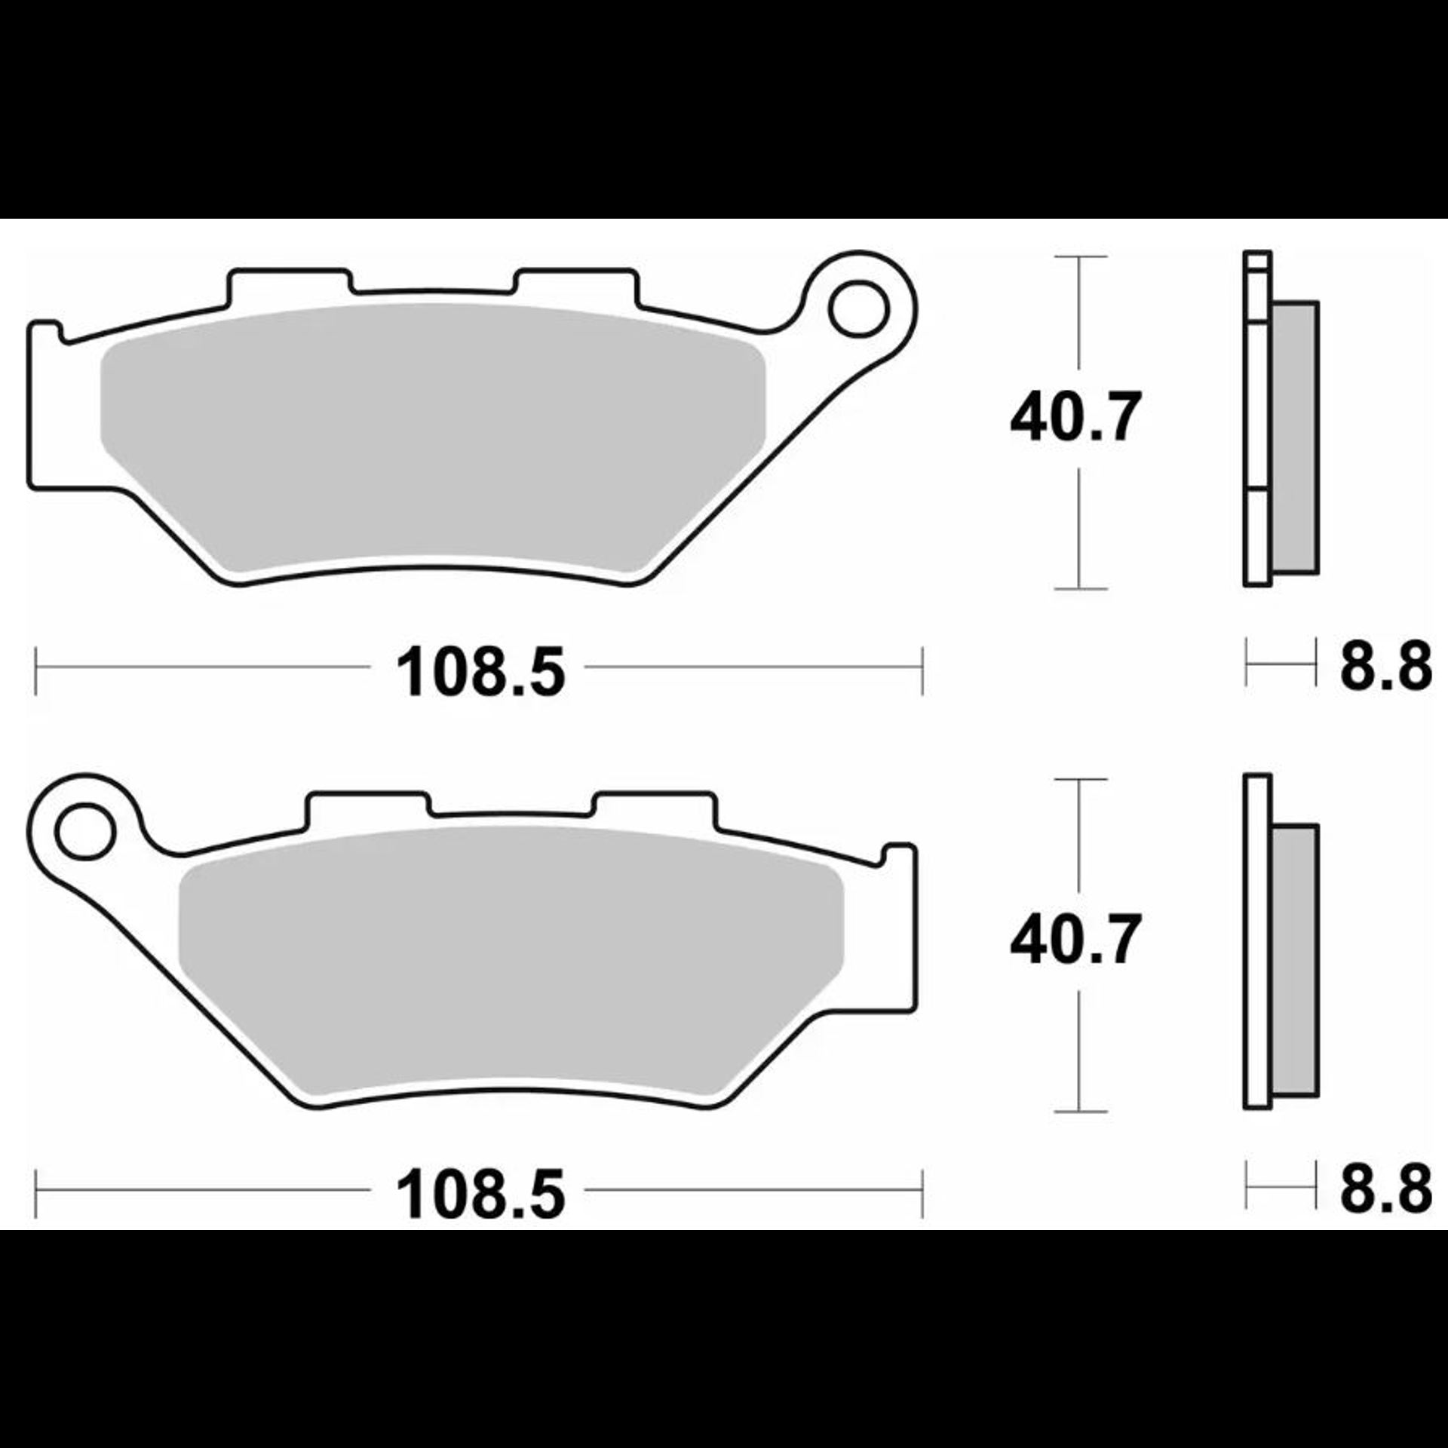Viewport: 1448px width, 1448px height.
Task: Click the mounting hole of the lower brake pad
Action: pos(84,830)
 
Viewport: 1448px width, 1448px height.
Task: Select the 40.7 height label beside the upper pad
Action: pos(1075,417)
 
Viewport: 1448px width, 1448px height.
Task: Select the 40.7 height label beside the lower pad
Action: pos(1075,940)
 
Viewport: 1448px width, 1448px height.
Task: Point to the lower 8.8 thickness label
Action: pos(1385,1189)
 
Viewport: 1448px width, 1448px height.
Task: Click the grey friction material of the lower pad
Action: pos(511,959)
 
